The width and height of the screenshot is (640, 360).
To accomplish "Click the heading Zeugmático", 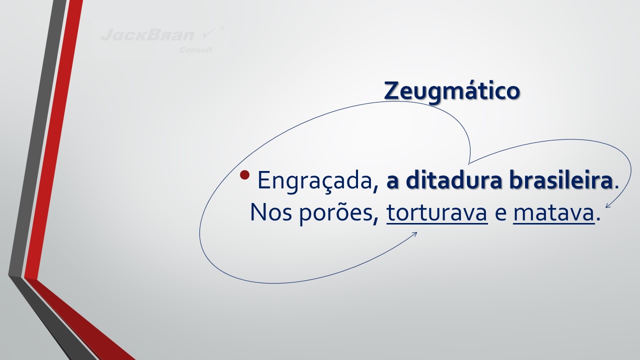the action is click(451, 91).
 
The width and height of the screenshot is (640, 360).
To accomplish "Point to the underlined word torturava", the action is click(437, 213).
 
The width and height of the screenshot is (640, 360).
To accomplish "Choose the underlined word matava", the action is click(554, 213).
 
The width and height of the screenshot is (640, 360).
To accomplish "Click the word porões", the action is click(335, 213).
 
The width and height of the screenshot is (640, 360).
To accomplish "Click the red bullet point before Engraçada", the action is click(245, 175).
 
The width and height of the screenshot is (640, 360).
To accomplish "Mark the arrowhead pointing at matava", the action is click(608, 205).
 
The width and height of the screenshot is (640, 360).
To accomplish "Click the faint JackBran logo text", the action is click(147, 35).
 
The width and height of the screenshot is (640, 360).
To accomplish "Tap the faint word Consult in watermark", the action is click(195, 50).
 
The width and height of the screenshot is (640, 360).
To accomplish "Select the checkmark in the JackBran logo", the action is click(209, 33).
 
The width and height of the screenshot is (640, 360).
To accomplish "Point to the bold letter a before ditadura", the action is click(392, 182).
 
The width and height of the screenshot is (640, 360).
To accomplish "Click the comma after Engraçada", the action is click(375, 188).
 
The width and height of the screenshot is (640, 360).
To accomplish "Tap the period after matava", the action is click(598, 219).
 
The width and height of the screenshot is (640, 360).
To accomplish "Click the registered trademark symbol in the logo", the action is click(222, 28).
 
